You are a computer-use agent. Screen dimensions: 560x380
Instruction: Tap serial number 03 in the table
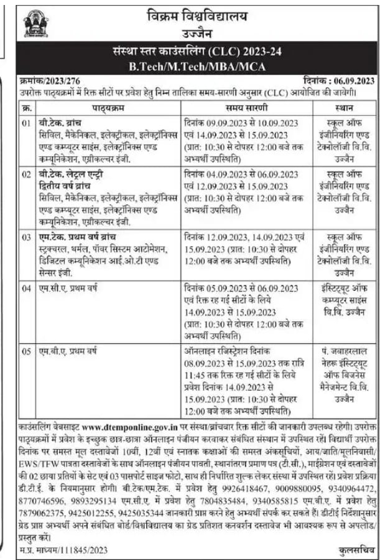click(x=25, y=237)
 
